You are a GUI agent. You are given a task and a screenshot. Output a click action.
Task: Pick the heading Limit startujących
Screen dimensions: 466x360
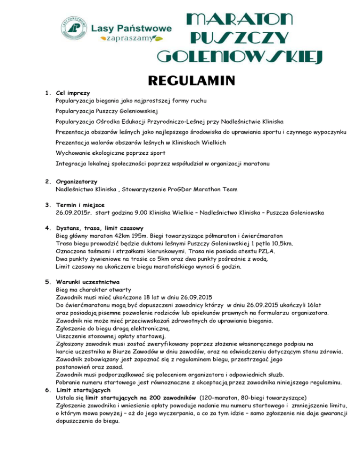tap(83, 390)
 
